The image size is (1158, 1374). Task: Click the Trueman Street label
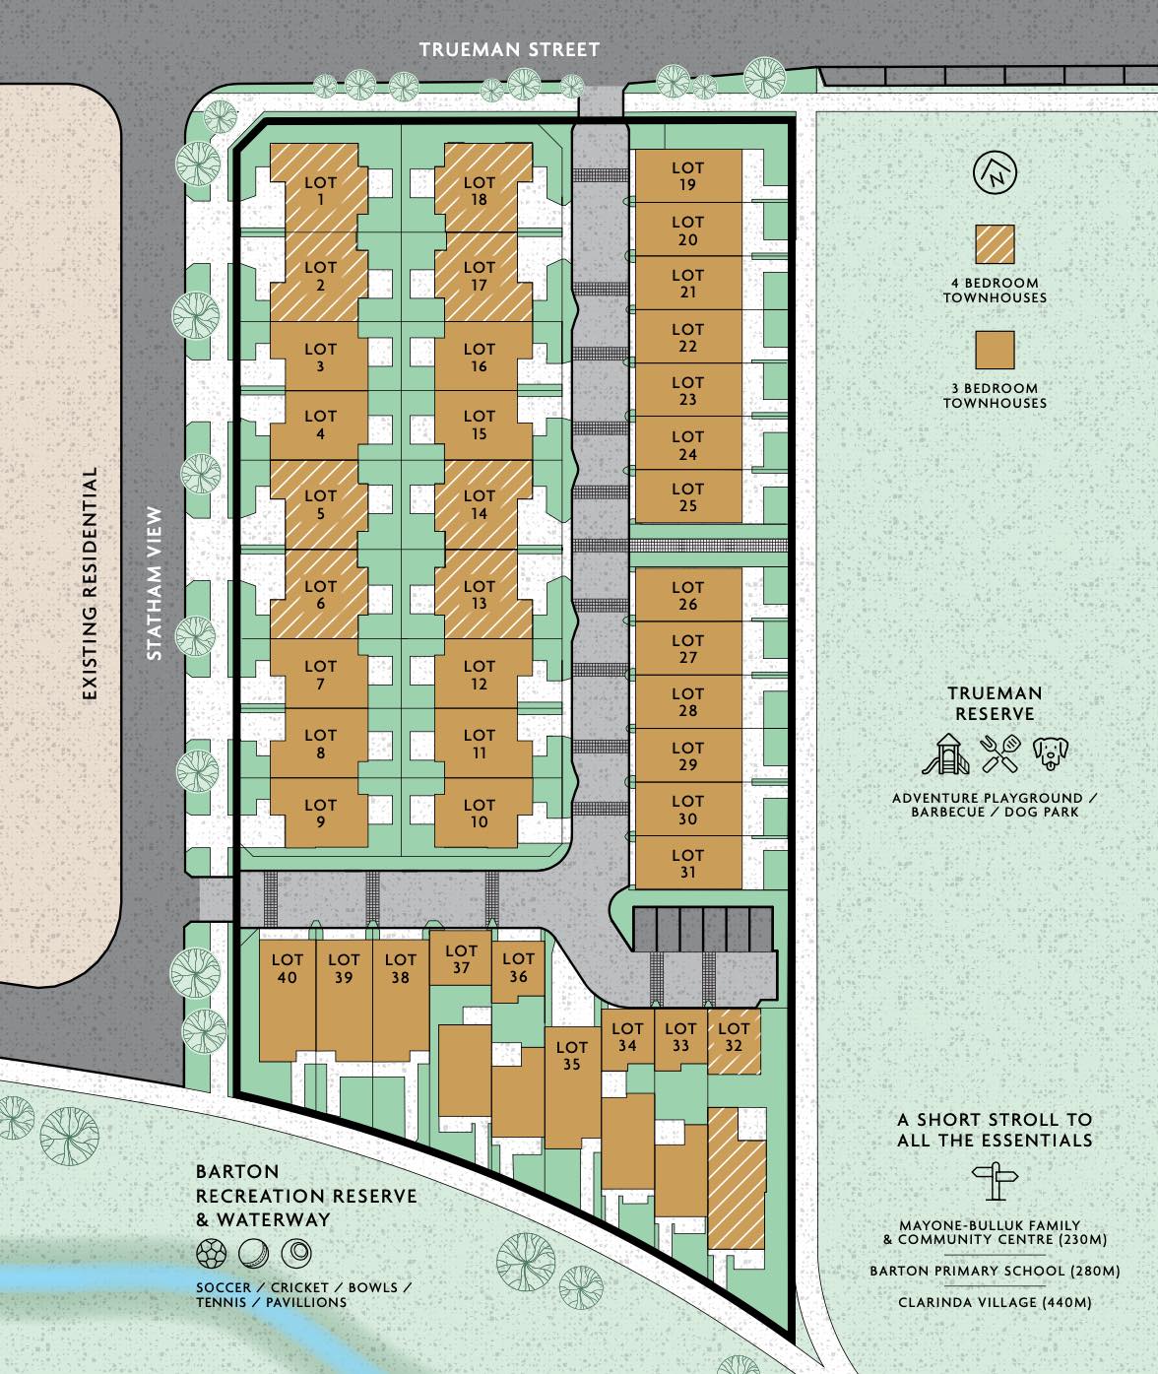click(x=509, y=50)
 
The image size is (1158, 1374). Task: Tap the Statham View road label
click(x=154, y=583)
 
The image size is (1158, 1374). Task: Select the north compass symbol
click(x=995, y=173)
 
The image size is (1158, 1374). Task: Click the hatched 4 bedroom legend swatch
click(x=995, y=244)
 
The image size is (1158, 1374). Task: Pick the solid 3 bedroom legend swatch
click(x=995, y=350)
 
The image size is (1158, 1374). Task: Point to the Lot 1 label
click(x=320, y=190)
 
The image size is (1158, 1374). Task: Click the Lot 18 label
click(x=479, y=190)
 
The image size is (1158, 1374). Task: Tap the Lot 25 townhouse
click(x=688, y=496)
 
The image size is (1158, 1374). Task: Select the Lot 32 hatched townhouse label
click(x=734, y=1036)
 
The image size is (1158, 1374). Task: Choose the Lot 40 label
click(x=288, y=968)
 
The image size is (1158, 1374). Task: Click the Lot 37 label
click(x=461, y=958)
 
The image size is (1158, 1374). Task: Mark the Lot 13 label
click(x=479, y=594)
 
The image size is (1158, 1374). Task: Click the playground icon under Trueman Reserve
click(x=945, y=753)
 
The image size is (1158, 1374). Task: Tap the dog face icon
click(x=1050, y=753)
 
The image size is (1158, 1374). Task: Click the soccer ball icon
click(x=211, y=1254)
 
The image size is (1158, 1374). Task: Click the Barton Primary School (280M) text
click(x=995, y=1271)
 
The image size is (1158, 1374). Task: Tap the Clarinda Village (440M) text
click(x=995, y=1302)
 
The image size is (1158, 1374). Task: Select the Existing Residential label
click(x=90, y=584)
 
